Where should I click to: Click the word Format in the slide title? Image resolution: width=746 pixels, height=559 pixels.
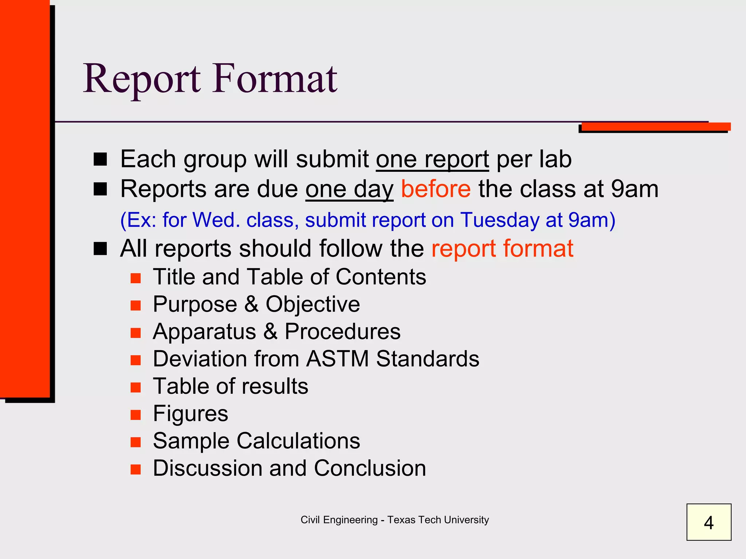click(275, 79)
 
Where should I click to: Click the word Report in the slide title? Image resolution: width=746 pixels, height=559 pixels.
click(142, 79)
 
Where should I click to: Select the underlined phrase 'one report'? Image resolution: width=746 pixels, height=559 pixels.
click(432, 159)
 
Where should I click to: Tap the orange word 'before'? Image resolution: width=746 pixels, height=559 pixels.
click(436, 189)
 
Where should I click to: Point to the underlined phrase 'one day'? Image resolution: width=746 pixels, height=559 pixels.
click(349, 190)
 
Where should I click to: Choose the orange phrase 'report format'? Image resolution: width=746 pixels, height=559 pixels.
click(502, 249)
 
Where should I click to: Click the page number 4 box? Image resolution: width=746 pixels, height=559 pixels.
click(708, 522)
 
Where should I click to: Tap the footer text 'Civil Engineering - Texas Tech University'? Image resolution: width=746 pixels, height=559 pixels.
click(394, 520)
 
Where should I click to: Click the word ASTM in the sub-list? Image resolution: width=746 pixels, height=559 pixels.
click(337, 359)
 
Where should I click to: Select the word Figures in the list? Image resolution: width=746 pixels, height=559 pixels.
click(191, 413)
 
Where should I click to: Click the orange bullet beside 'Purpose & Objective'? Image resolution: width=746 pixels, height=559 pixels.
click(136, 305)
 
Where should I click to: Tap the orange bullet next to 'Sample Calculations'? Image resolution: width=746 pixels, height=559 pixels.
click(136, 442)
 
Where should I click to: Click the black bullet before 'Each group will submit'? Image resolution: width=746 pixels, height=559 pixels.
click(100, 159)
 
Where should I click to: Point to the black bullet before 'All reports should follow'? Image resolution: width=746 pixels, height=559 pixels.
click(100, 249)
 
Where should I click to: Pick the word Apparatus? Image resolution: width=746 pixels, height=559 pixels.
click(204, 332)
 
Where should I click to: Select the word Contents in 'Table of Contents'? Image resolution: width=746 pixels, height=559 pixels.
click(381, 277)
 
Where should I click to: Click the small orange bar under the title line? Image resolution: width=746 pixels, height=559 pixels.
click(656, 127)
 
